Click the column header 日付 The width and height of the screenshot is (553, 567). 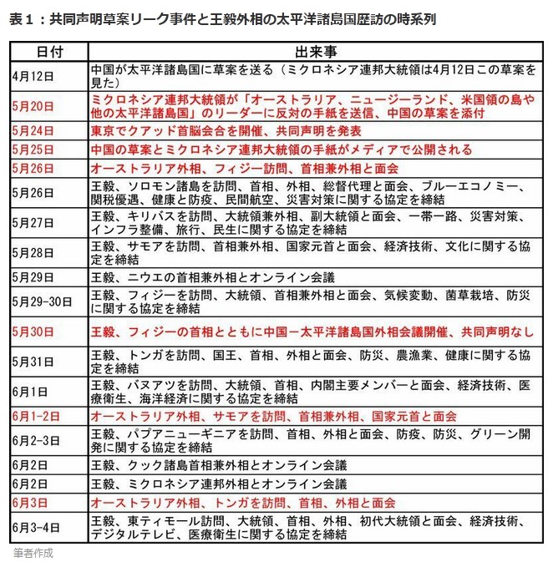tap(48, 52)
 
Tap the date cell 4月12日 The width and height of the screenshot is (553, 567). tap(33, 75)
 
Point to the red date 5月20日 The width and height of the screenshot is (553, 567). tap(33, 106)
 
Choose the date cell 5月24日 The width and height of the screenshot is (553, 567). tap(33, 131)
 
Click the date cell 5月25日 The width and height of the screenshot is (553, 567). tap(33, 149)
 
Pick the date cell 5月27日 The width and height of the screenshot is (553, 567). tap(33, 223)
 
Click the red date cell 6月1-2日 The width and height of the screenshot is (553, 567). tap(38, 415)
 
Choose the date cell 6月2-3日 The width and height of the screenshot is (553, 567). tap(38, 440)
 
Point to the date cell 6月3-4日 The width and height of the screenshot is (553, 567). tap(38, 527)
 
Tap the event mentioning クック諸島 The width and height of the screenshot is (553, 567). tap(218, 465)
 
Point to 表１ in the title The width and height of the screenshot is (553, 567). tap(21, 18)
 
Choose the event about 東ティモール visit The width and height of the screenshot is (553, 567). tap(310, 527)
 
